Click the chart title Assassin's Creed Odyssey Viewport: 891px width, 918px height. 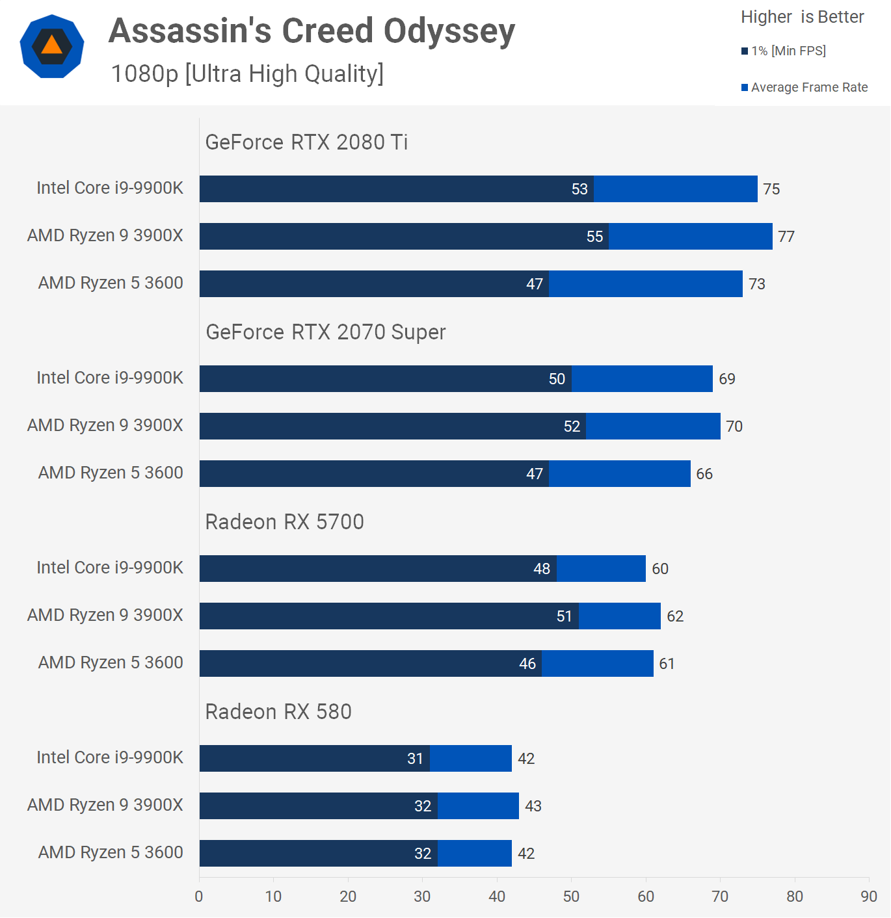click(x=312, y=31)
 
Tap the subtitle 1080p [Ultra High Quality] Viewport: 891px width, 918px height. click(x=247, y=74)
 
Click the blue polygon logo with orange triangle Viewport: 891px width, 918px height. click(x=52, y=46)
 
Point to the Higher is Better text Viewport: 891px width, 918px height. click(x=802, y=17)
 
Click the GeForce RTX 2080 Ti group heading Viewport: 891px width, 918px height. click(x=306, y=142)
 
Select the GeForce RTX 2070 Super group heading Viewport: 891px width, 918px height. click(x=325, y=332)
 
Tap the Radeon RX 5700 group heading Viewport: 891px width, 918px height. click(x=284, y=521)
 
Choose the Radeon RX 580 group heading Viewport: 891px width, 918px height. click(x=278, y=711)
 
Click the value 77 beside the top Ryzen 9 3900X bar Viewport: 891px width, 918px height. click(x=786, y=237)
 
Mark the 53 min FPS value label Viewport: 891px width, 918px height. click(x=579, y=189)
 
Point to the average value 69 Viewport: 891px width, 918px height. click(x=727, y=379)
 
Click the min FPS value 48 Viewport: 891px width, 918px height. click(x=542, y=569)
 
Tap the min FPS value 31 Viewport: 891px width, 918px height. click(x=415, y=759)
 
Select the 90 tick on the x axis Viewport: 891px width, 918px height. click(x=869, y=897)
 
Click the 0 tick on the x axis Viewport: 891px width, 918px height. click(x=199, y=897)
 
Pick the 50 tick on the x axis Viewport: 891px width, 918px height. click(x=571, y=897)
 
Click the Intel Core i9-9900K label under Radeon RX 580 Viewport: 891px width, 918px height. click(x=110, y=757)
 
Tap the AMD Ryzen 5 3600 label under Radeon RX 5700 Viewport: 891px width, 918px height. click(x=111, y=662)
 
